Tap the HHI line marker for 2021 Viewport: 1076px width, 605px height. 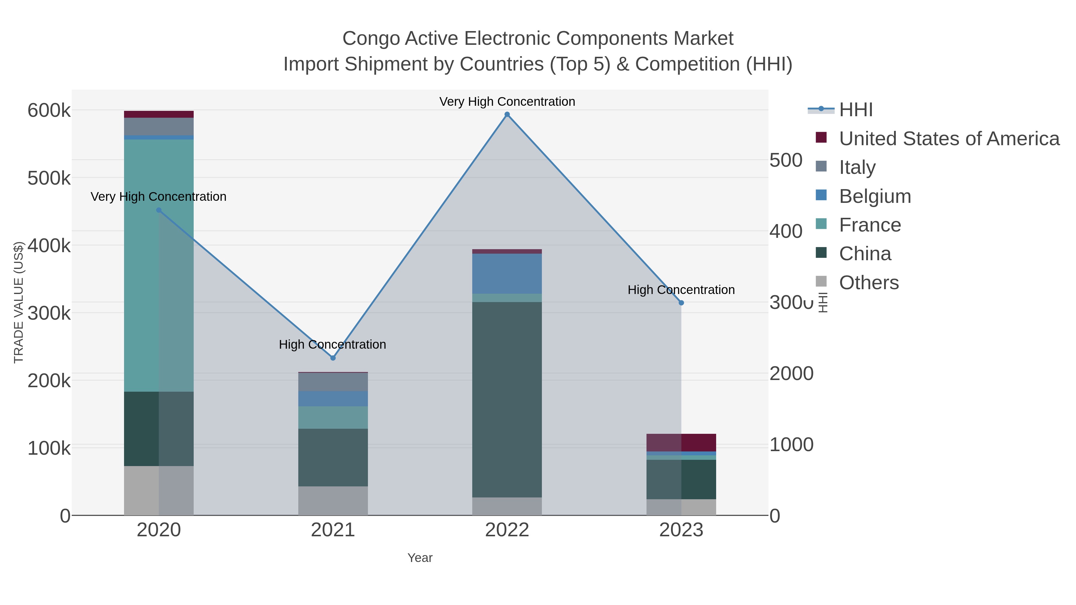pyautogui.click(x=333, y=358)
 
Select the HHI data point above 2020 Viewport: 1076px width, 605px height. pyautogui.click(x=159, y=210)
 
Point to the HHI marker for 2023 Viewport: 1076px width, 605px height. pyautogui.click(x=681, y=303)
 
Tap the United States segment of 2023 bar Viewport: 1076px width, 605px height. pyautogui.click(x=681, y=442)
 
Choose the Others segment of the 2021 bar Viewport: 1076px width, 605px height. pyautogui.click(x=333, y=501)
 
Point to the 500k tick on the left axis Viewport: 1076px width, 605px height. pyautogui.click(x=49, y=178)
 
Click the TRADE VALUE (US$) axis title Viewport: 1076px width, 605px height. pyautogui.click(x=19, y=302)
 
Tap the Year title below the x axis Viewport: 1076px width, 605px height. pyautogui.click(x=420, y=558)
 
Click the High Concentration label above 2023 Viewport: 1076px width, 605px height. pyautogui.click(x=681, y=290)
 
